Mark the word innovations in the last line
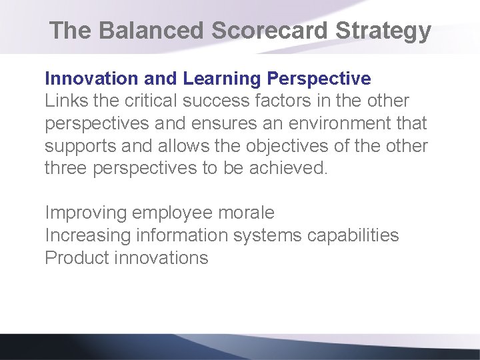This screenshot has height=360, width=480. pyautogui.click(x=161, y=258)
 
